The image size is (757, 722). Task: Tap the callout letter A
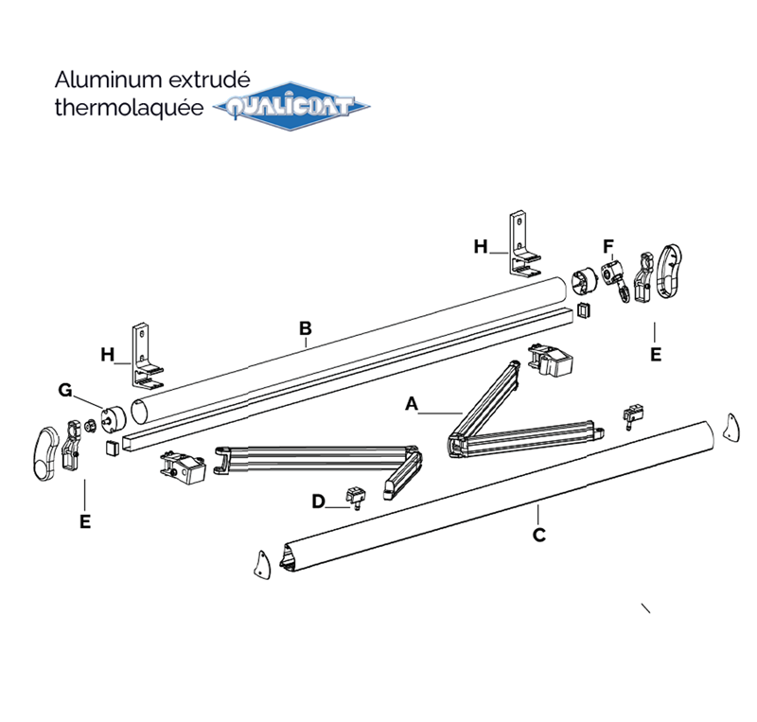411,404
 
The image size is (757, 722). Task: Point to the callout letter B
305,328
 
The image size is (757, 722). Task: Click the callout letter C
538,535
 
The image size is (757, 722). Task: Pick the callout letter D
319,501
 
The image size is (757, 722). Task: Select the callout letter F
609,247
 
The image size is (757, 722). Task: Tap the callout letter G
65,390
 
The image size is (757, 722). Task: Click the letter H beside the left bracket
108,355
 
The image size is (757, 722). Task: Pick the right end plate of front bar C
731,428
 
